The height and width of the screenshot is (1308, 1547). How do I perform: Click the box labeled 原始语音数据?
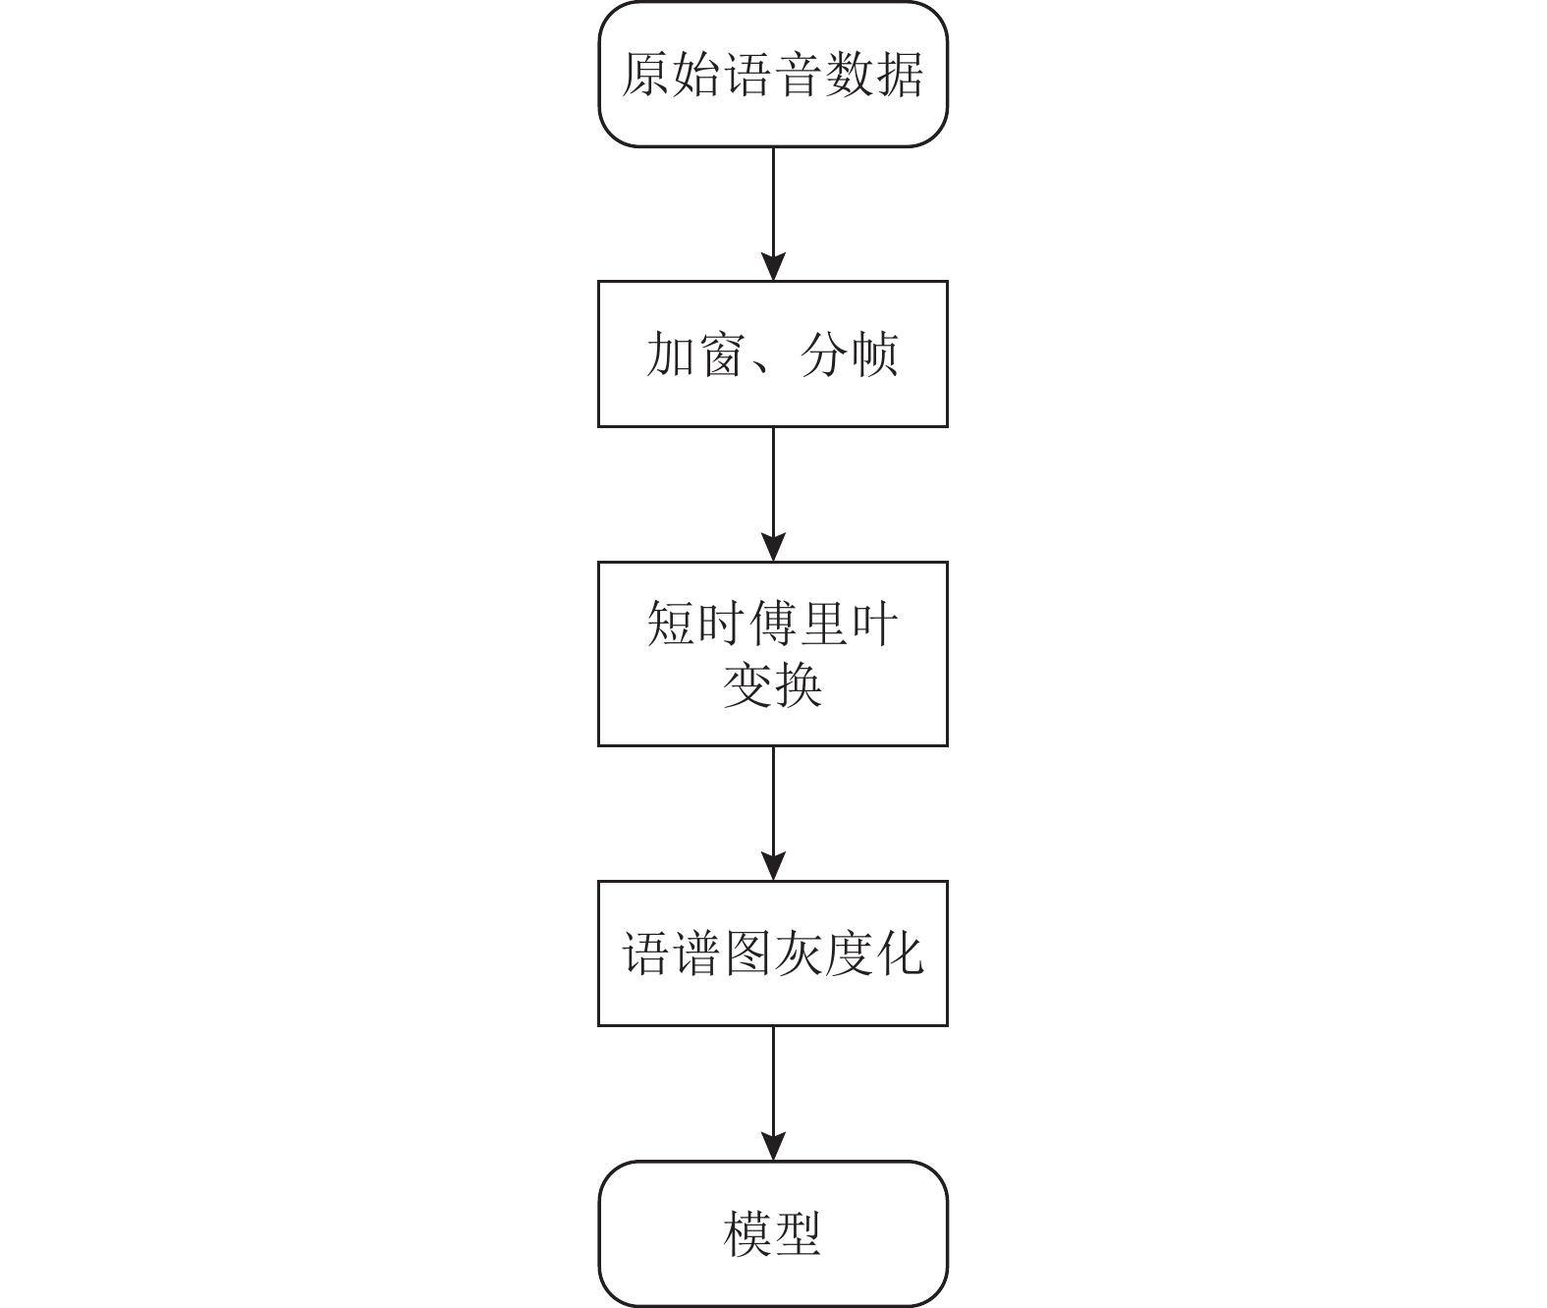(773, 74)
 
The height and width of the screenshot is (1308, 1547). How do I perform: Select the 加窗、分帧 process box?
(773, 354)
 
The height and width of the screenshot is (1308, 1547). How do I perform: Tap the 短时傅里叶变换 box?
(773, 654)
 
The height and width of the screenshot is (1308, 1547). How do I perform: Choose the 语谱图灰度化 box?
(773, 954)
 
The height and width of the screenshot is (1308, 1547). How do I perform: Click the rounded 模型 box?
(773, 1234)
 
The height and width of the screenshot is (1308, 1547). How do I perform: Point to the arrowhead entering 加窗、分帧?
(773, 267)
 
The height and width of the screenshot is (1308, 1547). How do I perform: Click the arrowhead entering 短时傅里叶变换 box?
(773, 548)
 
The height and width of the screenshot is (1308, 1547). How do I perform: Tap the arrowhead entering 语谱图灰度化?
(773, 866)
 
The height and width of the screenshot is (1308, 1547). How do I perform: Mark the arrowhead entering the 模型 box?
(773, 1147)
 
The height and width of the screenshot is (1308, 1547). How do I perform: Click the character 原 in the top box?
(646, 75)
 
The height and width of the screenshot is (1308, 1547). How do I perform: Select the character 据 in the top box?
(900, 75)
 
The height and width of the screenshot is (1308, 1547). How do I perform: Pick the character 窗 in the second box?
(722, 354)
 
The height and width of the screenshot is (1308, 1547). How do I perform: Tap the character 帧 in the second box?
(874, 354)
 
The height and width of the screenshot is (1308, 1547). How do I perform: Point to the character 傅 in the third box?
(773, 624)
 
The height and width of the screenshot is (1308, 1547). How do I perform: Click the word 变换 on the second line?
(773, 685)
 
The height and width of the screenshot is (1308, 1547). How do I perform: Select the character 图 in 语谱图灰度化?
(747, 954)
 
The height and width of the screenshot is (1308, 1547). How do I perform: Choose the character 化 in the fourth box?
(900, 954)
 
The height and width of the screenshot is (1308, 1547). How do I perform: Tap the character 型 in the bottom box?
(799, 1234)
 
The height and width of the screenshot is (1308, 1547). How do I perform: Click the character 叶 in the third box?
(874, 624)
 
